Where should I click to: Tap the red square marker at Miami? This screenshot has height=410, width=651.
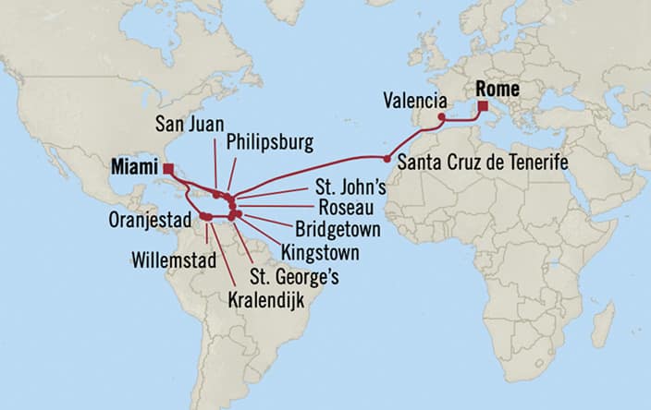point(167,168)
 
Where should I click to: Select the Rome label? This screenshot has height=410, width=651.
point(497,90)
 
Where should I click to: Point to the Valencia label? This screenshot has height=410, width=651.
point(414,101)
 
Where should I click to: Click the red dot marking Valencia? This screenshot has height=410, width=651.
point(442,118)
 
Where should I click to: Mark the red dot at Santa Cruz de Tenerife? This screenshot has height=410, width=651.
point(387,159)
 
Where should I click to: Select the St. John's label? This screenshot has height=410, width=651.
point(338,187)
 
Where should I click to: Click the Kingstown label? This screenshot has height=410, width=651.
point(321,250)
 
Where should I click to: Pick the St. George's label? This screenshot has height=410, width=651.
point(293,275)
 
